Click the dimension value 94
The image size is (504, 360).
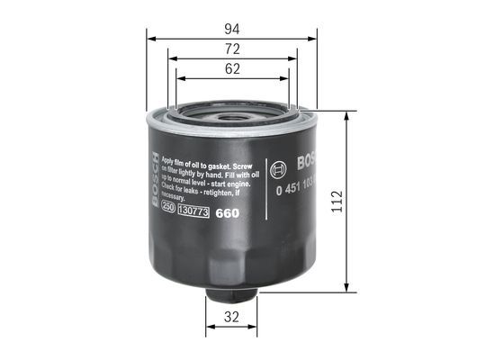pos(231,27)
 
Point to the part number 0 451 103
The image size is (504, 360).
pos(294,192)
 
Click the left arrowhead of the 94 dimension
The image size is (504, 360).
pos(149,39)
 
